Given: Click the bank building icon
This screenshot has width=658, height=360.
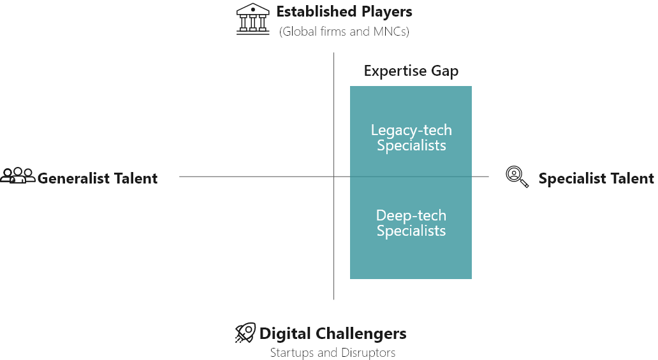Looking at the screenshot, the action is click(252, 19).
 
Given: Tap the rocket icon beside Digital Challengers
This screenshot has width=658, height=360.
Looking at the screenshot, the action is click(245, 333).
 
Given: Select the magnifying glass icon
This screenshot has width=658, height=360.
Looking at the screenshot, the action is click(517, 176).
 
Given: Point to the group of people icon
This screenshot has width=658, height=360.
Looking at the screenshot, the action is click(18, 175).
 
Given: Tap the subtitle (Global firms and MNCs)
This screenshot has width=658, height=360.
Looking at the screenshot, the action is click(344, 31).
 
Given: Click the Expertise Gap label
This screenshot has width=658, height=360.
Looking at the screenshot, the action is click(411, 71).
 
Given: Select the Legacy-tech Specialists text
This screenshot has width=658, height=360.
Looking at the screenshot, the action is click(411, 138).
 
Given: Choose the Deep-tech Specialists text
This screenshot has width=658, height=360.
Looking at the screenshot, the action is click(411, 223).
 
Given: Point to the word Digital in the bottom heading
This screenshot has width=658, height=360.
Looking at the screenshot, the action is click(286, 334).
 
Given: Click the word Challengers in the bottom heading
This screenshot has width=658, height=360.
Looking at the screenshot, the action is click(361, 334).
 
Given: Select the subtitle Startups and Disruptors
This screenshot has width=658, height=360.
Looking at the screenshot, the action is click(333, 352).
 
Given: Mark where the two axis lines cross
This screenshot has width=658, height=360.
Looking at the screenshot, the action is click(333, 176).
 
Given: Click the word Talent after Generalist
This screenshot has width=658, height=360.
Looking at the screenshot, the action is click(136, 178).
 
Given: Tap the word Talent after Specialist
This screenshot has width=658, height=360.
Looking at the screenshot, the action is click(631, 178).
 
